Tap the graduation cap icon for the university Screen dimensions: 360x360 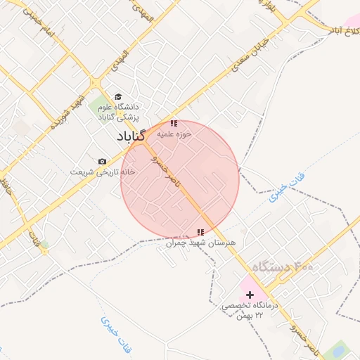coord(118,97)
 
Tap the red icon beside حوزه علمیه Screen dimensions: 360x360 coord(174,124)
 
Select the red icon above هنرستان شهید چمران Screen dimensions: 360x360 coord(200,232)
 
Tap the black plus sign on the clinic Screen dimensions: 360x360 coord(250,295)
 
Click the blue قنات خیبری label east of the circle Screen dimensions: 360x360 coord(284,191)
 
